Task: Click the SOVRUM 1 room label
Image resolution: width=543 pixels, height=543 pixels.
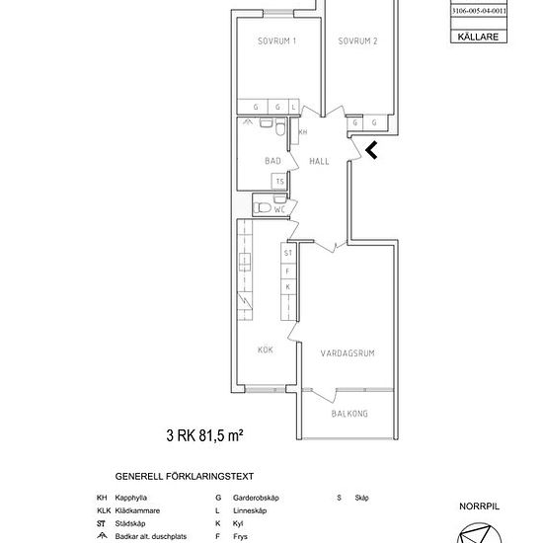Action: pyautogui.click(x=276, y=40)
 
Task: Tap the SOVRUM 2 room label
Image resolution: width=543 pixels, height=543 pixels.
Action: pyautogui.click(x=358, y=40)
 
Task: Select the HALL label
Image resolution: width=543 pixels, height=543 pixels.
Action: pyautogui.click(x=319, y=161)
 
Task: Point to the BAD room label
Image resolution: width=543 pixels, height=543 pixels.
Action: pyautogui.click(x=273, y=161)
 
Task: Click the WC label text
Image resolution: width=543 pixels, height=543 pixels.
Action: pyautogui.click(x=280, y=208)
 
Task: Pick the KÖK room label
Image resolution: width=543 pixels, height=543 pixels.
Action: pyautogui.click(x=265, y=349)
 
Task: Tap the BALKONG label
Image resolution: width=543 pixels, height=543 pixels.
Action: pyautogui.click(x=349, y=414)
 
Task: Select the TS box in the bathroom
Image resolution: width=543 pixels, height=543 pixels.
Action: pyautogui.click(x=279, y=182)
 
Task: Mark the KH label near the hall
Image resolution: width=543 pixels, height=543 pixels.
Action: pyautogui.click(x=303, y=131)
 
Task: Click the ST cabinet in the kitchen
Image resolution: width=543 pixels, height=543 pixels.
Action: pyautogui.click(x=288, y=253)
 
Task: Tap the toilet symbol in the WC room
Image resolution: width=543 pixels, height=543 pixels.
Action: pyautogui.click(x=261, y=207)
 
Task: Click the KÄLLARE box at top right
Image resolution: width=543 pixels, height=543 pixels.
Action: pyautogui.click(x=479, y=37)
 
